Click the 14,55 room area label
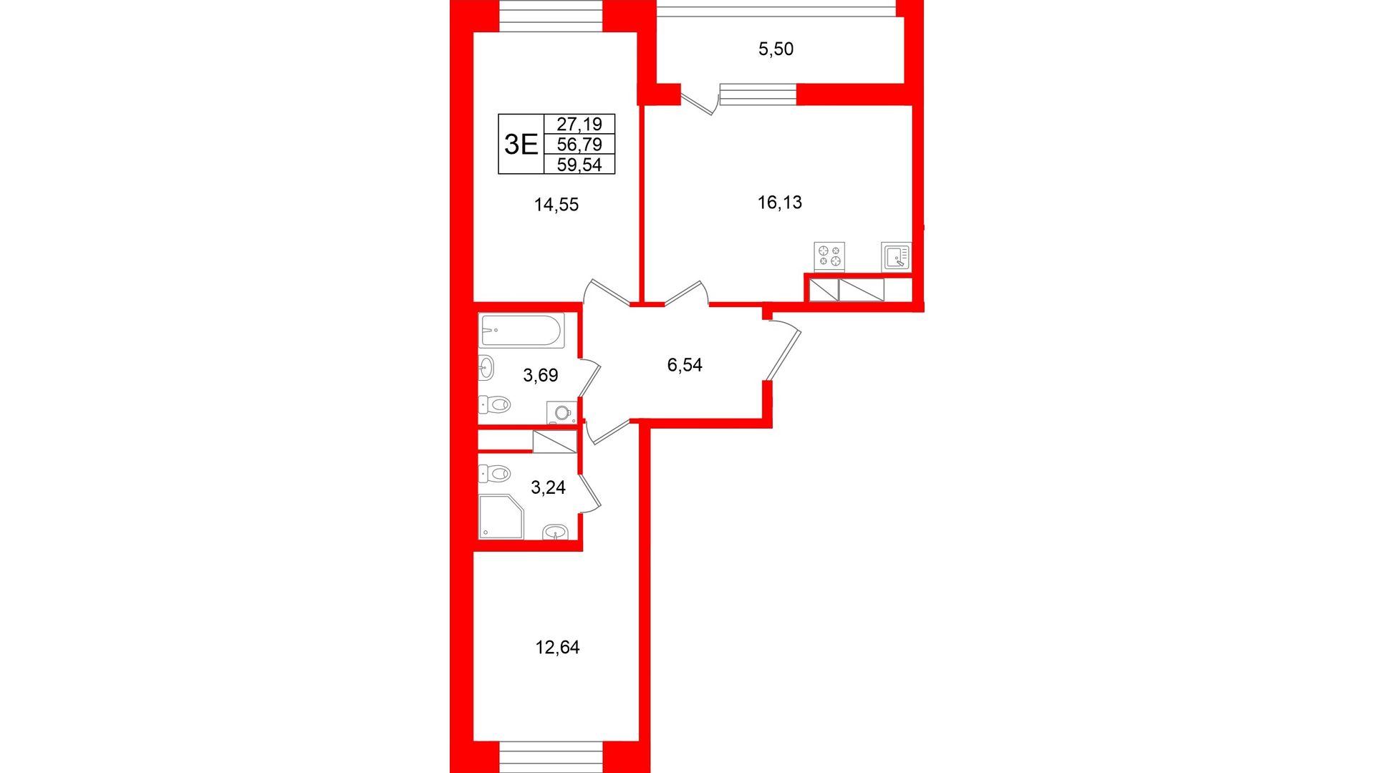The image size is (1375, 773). (556, 205)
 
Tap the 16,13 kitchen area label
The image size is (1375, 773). (780, 203)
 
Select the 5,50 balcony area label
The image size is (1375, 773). (776, 49)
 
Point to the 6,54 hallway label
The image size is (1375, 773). (685, 365)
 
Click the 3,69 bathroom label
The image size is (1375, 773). (541, 375)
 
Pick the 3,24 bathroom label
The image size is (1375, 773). (548, 487)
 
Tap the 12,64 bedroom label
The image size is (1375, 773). (558, 648)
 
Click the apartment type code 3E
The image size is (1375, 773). (521, 145)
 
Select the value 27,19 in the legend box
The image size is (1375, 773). (579, 124)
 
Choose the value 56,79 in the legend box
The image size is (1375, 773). (579, 144)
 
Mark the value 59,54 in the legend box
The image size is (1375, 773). (579, 165)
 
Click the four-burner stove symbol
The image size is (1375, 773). (829, 257)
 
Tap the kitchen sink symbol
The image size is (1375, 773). (897, 256)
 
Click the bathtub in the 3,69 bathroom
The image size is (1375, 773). (521, 331)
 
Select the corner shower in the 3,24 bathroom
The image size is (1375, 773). (501, 517)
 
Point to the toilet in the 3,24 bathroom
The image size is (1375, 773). (494, 473)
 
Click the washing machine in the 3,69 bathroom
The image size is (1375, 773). (561, 413)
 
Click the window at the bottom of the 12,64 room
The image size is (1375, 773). (551, 757)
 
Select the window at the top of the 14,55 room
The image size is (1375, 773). (551, 16)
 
